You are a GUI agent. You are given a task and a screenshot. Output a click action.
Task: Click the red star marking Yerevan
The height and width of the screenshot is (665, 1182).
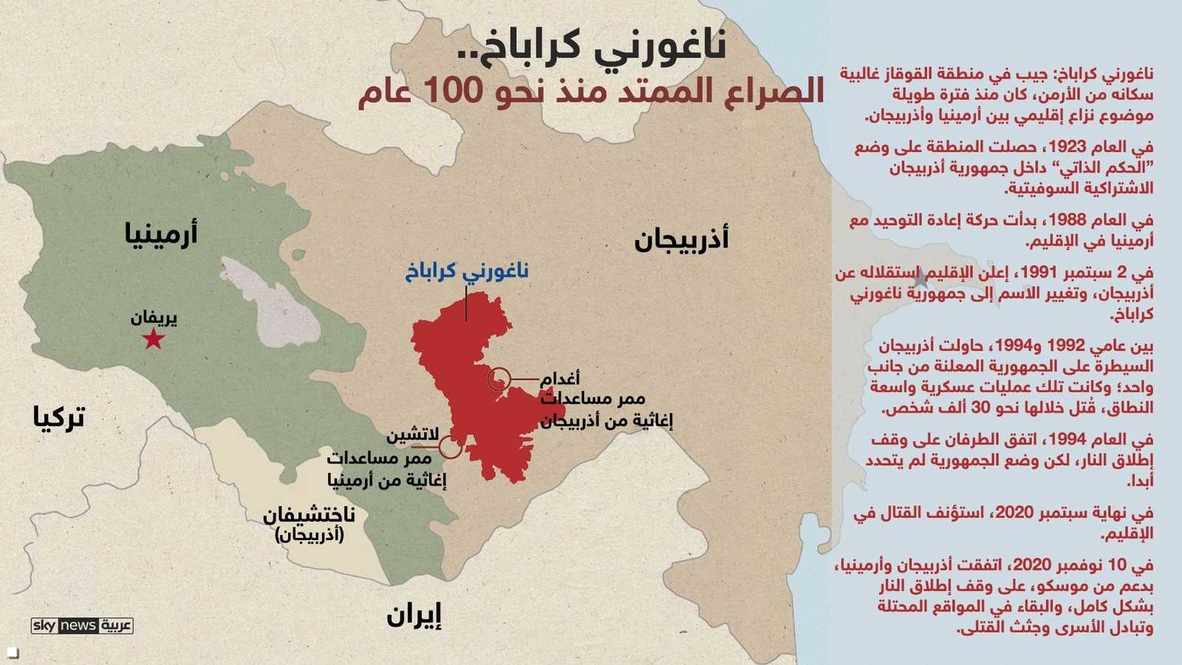pyautogui.click(x=153, y=339)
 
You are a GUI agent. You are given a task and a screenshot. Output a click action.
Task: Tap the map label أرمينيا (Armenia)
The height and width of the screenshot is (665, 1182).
pyautogui.click(x=161, y=233)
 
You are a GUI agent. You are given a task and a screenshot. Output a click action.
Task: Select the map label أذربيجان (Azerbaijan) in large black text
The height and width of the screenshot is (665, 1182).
pyautogui.click(x=681, y=239)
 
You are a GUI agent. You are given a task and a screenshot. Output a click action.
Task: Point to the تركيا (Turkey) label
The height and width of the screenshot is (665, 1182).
pyautogui.click(x=59, y=417)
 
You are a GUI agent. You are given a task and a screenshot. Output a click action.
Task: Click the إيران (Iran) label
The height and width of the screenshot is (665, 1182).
pyautogui.click(x=414, y=615)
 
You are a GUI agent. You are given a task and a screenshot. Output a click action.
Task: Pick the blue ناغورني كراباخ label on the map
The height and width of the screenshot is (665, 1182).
pyautogui.click(x=467, y=271)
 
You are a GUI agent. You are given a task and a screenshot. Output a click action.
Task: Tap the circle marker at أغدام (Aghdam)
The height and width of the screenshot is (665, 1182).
pyautogui.click(x=499, y=379)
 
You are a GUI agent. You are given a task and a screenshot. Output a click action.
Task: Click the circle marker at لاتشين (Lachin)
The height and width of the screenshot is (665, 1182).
pyautogui.click(x=450, y=446)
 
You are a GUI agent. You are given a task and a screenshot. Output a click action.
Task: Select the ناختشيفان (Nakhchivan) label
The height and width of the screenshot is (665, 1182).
pyautogui.click(x=310, y=514)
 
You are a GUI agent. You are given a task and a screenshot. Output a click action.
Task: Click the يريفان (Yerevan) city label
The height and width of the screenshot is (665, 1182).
pyautogui.click(x=154, y=318)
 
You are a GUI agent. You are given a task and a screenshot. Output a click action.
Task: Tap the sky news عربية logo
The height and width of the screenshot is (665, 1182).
pyautogui.click(x=82, y=626)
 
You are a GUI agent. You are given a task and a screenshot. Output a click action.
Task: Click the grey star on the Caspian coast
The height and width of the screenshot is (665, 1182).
pyautogui.click(x=920, y=280)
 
